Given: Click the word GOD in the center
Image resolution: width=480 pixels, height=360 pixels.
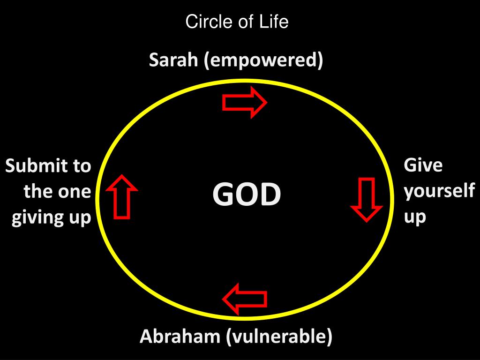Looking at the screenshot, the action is point(247,195).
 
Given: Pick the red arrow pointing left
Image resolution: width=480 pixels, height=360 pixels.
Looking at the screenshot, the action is point(245,299).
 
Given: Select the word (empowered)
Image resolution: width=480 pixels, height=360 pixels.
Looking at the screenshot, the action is point(263,61).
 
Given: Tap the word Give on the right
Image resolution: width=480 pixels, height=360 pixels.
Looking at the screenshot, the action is point(423,165).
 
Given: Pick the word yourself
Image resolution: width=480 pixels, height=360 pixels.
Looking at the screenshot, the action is point(439,192).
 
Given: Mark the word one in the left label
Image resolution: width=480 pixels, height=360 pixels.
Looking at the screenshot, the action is point(74,192).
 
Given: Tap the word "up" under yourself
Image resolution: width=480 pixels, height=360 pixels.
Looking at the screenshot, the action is point(415,217).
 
